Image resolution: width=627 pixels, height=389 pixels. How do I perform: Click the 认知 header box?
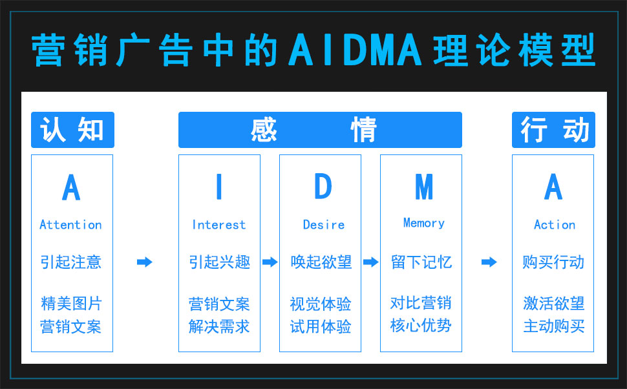tap(72, 130)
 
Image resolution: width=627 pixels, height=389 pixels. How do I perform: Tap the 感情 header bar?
tap(320, 130)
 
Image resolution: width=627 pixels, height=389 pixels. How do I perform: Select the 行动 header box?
tap(553, 130)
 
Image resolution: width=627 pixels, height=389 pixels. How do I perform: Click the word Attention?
tap(71, 225)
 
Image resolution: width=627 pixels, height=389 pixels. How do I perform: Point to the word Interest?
tap(219, 225)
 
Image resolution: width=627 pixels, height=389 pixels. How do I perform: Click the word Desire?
tap(323, 225)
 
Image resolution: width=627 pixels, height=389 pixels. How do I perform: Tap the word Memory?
tap(423, 223)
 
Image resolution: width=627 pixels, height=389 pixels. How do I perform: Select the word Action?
tap(554, 225)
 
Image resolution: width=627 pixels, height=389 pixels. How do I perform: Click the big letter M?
tap(423, 187)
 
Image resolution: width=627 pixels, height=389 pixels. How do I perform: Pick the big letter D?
tap(323, 187)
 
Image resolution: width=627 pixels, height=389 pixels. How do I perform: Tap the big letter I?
tap(218, 187)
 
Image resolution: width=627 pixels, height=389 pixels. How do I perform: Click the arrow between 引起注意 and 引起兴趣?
tap(145, 262)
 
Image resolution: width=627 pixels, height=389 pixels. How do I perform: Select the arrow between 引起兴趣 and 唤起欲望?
tap(270, 262)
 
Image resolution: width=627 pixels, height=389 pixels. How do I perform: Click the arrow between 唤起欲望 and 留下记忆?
tap(370, 262)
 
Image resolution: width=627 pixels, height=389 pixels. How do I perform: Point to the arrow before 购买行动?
tap(489, 262)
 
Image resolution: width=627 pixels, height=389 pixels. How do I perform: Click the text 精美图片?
tap(71, 304)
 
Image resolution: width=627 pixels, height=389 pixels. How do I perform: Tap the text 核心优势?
tap(421, 325)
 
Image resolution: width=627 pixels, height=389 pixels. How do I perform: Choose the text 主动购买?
tap(554, 326)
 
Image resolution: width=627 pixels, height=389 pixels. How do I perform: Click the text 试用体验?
tap(321, 326)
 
